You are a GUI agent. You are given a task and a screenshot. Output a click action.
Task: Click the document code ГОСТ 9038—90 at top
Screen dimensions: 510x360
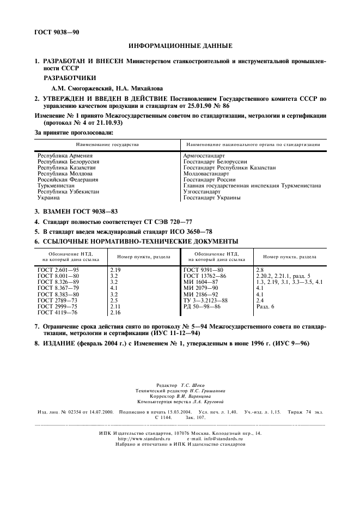tap(57, 32)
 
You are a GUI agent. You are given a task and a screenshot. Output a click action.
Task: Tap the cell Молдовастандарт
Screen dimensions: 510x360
tap(206, 173)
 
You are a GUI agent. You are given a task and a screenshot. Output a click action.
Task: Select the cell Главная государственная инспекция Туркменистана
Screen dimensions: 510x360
tap(252, 185)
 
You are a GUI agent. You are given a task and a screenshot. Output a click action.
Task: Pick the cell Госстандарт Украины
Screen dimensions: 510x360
tap(211, 198)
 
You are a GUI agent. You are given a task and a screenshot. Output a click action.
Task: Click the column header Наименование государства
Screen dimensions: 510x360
tap(107, 144)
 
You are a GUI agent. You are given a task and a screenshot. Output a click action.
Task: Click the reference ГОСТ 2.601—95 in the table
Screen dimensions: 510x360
tap(58, 270)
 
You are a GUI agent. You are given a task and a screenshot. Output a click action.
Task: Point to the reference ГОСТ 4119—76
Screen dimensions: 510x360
tap(58, 312)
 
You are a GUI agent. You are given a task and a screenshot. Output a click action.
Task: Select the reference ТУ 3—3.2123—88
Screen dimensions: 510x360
tap(205, 300)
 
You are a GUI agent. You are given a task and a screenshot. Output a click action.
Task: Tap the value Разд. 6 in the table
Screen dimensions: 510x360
tap(265, 306)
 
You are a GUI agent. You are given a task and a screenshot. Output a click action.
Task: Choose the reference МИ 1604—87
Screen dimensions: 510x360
tap(200, 282)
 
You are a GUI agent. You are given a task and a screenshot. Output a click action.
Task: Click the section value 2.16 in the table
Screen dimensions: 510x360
tap(115, 312)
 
